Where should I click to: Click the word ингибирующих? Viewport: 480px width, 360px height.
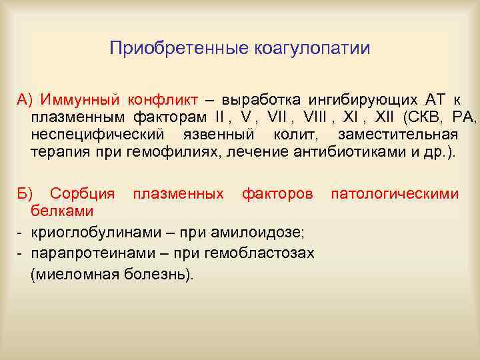click(x=357, y=101)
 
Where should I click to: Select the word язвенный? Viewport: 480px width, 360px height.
click(x=203, y=135)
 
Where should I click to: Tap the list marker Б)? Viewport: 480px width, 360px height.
click(x=25, y=194)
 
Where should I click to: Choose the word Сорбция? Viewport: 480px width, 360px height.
click(x=83, y=194)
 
